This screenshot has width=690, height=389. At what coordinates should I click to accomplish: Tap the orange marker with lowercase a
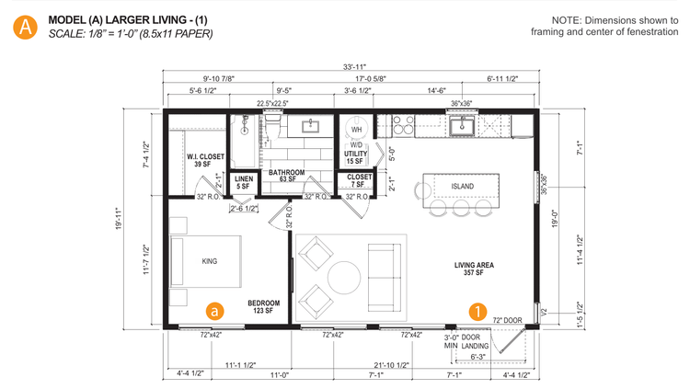click(x=213, y=311)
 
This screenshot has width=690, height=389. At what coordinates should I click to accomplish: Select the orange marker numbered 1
click(x=478, y=311)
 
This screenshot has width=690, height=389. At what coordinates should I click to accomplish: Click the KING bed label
click(x=210, y=262)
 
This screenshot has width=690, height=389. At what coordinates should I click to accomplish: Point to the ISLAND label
click(x=462, y=187)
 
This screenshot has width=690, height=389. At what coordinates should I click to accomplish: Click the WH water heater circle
click(x=356, y=130)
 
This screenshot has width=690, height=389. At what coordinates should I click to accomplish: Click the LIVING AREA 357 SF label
click(x=474, y=269)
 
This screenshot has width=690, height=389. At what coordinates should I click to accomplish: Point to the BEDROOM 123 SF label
click(x=263, y=307)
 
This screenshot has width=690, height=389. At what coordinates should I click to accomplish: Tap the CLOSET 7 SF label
click(x=360, y=180)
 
